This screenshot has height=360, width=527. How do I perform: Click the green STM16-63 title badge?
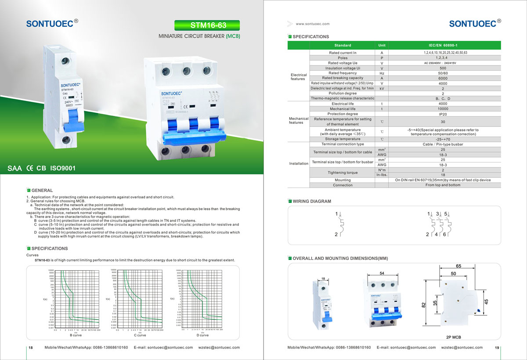click(x=207, y=25)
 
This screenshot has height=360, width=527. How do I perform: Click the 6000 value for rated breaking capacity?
click(x=443, y=78)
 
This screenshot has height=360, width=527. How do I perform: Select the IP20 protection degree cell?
click(x=443, y=114)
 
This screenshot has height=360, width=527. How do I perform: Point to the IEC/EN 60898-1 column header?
click(x=443, y=45)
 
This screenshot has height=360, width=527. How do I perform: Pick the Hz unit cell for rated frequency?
click(x=382, y=73)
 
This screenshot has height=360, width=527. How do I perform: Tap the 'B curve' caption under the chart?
click(x=77, y=335)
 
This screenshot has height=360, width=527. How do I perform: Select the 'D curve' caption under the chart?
click(x=202, y=335)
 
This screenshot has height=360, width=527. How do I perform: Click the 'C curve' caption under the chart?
click(x=140, y=335)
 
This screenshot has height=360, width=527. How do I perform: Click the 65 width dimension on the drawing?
click(x=458, y=266)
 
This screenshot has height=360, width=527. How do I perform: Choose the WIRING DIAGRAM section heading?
click(x=311, y=201)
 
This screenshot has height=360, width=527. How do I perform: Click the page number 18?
click(x=31, y=348)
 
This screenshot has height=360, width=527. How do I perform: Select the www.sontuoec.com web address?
click(x=312, y=24)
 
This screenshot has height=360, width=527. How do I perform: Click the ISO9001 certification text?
click(x=63, y=168)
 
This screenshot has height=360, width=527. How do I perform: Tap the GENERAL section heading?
click(x=42, y=191)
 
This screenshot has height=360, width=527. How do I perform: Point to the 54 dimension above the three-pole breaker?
click(x=382, y=274)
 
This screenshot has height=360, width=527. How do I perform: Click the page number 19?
click(x=497, y=348)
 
